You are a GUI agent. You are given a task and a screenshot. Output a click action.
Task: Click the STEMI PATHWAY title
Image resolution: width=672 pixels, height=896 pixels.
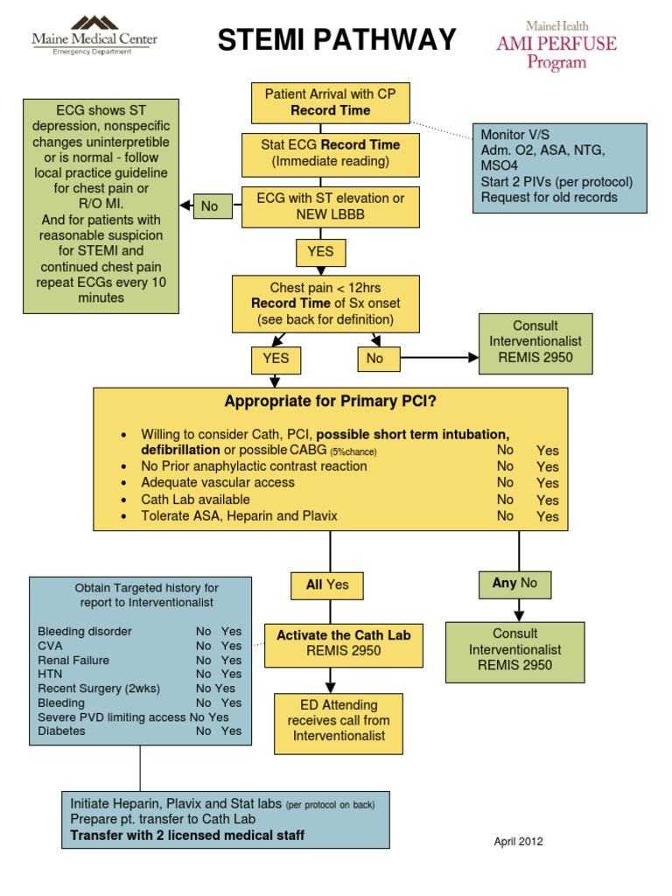tap(336, 39)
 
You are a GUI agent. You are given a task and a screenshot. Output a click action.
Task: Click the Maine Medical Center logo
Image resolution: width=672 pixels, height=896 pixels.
tap(94, 35)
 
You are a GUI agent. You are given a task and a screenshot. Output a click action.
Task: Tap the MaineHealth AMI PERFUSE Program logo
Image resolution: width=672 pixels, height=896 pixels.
tap(556, 45)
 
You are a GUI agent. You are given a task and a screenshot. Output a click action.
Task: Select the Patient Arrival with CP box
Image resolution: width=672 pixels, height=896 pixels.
tap(330, 102)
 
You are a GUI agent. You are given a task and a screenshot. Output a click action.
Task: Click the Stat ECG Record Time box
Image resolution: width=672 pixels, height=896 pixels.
tap(330, 154)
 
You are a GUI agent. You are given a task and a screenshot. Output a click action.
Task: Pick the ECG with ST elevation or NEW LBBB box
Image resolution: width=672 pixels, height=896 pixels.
tap(330, 207)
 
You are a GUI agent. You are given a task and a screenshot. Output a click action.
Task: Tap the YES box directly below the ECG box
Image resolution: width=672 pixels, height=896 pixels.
tap(319, 253)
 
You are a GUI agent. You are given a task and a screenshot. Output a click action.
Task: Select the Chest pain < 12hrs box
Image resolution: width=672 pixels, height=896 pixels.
tap(325, 304)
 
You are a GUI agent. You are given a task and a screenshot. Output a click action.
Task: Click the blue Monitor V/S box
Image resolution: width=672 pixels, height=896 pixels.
tap(559, 168)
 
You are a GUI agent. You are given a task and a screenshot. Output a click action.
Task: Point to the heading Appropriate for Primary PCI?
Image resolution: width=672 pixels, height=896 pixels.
tap(330, 402)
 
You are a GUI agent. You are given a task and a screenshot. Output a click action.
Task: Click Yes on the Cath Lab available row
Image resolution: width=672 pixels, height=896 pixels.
tap(547, 500)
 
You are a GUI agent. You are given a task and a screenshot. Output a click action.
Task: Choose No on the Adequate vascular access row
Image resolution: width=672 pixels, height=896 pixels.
tap(505, 482)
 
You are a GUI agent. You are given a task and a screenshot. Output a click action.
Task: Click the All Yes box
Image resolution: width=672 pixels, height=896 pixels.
tap(326, 585)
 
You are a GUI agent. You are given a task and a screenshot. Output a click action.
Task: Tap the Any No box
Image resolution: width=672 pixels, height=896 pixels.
tap(514, 584)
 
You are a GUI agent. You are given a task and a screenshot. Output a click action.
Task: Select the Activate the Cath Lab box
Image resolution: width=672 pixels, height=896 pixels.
tap(343, 643)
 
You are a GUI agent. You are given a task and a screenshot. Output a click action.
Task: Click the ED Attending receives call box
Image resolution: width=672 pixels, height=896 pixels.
tap(339, 721)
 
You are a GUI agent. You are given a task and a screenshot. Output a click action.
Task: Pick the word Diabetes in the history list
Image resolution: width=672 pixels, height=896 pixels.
tap(61, 731)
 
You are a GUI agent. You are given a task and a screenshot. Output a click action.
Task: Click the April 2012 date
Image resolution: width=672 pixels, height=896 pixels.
tap(518, 842)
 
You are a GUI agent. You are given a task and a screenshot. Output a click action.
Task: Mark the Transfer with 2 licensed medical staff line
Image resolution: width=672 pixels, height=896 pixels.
tap(187, 836)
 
